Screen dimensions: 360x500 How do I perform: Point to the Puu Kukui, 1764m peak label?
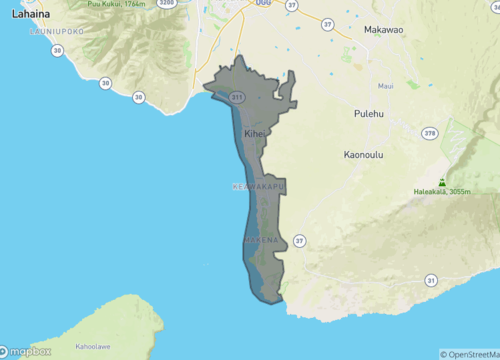123,4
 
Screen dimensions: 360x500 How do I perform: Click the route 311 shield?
237,98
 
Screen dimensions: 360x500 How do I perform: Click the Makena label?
261,241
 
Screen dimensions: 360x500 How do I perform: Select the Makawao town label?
384,31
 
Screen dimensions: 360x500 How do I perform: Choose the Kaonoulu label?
365,155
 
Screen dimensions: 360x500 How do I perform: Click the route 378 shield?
429,132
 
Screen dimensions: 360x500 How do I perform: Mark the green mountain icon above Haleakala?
442,181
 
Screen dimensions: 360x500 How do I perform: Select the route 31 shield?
431,281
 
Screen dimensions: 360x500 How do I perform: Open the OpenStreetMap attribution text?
470,354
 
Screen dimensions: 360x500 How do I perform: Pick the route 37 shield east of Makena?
298,240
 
